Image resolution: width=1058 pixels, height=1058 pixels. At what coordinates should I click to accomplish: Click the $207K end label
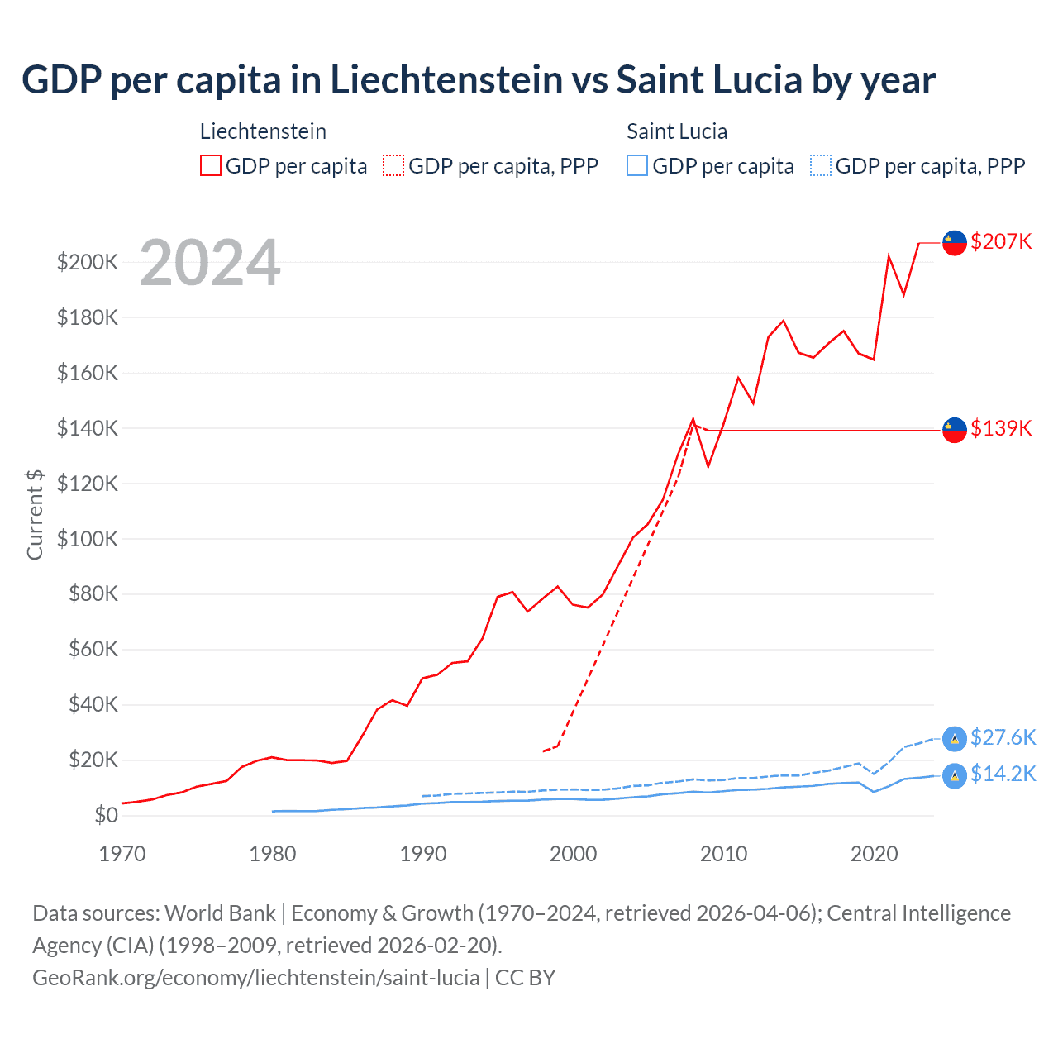pyautogui.click(x=1001, y=241)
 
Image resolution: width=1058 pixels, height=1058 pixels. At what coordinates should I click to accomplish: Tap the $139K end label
pyautogui.click(x=1001, y=428)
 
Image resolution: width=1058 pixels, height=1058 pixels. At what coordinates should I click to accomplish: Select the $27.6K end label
pyautogui.click(x=1003, y=737)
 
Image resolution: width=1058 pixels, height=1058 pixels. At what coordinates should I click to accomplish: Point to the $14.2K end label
pyautogui.click(x=1003, y=774)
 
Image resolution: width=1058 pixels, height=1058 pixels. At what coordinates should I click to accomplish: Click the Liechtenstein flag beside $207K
pyautogui.click(x=955, y=243)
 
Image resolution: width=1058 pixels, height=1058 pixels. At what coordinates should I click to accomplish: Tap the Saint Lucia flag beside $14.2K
pyautogui.click(x=955, y=775)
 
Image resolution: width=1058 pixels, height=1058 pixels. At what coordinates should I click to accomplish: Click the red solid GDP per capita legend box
pyautogui.click(x=211, y=165)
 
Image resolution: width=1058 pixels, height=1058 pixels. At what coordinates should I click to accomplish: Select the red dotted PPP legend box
pyautogui.click(x=393, y=165)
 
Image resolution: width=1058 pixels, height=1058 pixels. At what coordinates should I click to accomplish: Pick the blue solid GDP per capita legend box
pyautogui.click(x=637, y=165)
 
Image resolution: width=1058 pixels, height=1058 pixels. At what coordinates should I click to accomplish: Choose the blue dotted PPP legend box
pyautogui.click(x=821, y=165)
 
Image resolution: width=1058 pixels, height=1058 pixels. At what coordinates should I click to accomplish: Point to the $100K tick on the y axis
pyautogui.click(x=87, y=539)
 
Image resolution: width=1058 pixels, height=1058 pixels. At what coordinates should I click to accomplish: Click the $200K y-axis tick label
pyautogui.click(x=87, y=263)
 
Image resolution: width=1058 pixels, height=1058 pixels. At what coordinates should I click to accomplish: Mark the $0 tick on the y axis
pyautogui.click(x=106, y=815)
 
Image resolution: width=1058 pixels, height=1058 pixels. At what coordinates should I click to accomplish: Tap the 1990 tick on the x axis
pyautogui.click(x=423, y=854)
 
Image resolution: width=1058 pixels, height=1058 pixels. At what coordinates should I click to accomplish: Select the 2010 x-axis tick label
pyautogui.click(x=724, y=854)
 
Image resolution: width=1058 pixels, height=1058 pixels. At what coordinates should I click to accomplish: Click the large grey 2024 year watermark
pyautogui.click(x=210, y=263)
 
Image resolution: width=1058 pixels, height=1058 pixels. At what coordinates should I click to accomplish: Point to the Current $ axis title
pyautogui.click(x=35, y=514)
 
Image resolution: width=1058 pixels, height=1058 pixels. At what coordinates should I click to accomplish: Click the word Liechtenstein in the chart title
pyautogui.click(x=447, y=80)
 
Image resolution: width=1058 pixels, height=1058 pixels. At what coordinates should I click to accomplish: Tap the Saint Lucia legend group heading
pyautogui.click(x=677, y=131)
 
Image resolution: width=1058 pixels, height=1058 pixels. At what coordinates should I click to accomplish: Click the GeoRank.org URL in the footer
pyautogui.click(x=255, y=978)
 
